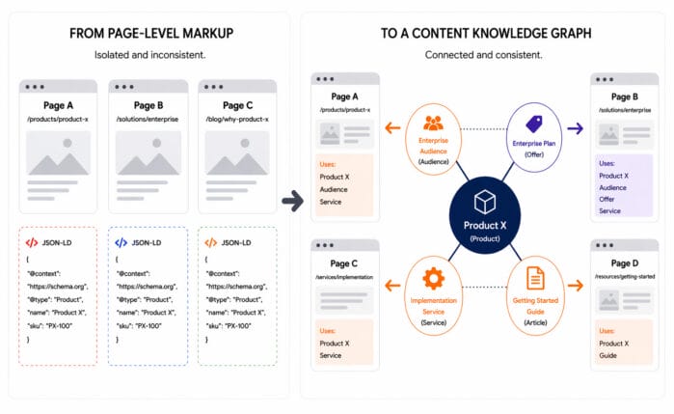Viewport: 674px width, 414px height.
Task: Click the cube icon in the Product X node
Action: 485,201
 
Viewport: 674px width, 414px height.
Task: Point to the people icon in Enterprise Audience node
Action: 433,124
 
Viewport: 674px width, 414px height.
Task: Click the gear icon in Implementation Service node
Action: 433,279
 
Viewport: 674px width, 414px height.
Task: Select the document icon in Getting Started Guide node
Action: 534,279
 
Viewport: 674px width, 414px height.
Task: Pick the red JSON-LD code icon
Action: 31,243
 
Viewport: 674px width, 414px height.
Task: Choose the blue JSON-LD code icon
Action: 121,243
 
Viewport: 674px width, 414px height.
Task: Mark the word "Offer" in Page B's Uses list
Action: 609,199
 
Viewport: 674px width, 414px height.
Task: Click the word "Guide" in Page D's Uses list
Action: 610,355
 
